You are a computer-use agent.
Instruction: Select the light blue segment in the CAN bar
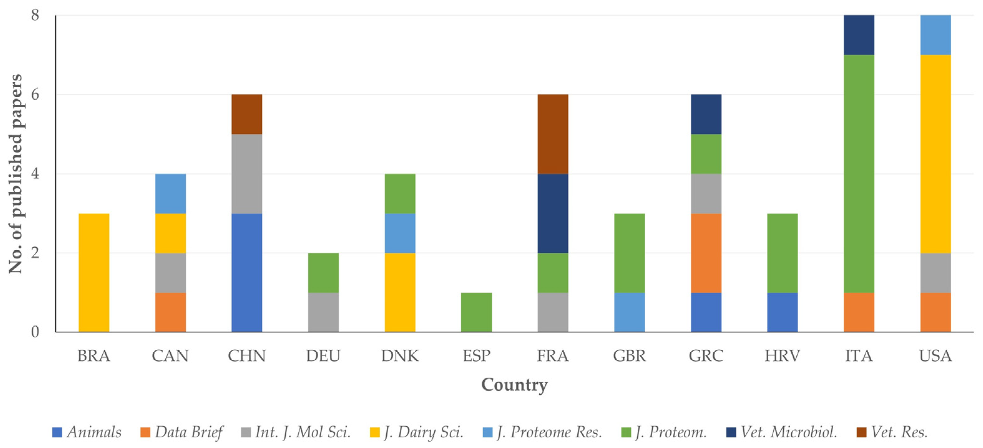point(171,193)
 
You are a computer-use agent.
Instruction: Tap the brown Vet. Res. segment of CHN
point(247,114)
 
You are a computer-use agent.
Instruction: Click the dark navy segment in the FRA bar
point(553,213)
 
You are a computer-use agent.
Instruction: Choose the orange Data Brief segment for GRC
point(706,253)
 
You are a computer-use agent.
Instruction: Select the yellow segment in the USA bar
point(935,154)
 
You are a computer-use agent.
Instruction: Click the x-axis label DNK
point(400,356)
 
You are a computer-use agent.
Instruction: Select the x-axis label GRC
point(706,356)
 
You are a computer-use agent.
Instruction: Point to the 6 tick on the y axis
point(35,94)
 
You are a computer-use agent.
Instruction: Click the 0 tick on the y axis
point(35,332)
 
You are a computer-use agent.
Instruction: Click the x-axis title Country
point(514,384)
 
